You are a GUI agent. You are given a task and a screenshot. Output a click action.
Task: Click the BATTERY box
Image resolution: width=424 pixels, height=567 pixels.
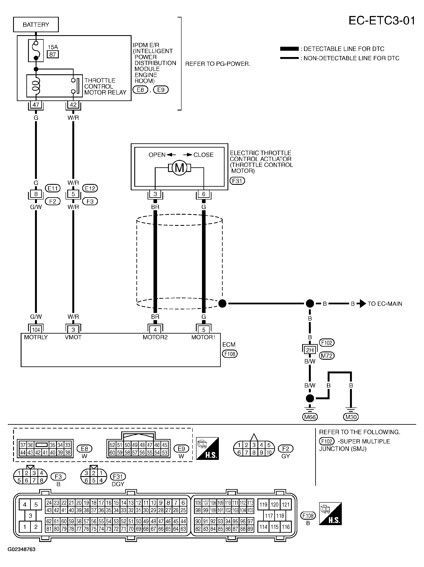tap(36, 25)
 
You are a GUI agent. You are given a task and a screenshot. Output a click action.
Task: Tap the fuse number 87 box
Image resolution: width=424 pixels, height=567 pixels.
tap(53, 54)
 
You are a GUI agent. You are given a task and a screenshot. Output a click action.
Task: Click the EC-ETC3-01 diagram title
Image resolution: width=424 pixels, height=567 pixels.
tap(381, 20)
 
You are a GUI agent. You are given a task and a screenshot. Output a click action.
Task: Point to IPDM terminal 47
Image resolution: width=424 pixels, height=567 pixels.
tap(36, 105)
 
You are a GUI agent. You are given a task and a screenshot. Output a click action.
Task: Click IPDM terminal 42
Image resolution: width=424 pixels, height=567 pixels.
tap(73, 105)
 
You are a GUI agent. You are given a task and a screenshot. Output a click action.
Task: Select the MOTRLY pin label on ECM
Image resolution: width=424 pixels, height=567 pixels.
tap(36, 337)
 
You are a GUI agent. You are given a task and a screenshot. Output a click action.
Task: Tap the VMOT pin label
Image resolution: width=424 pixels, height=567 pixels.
tap(73, 337)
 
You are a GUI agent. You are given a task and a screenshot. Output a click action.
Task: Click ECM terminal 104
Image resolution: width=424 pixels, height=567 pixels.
tap(36, 330)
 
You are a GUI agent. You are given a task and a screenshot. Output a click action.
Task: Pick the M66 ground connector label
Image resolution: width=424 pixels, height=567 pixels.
tap(310, 417)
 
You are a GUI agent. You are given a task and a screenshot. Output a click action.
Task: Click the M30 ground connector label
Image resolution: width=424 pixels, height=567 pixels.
tap(351, 417)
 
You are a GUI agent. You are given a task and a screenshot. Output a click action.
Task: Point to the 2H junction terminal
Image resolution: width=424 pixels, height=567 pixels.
tap(310, 350)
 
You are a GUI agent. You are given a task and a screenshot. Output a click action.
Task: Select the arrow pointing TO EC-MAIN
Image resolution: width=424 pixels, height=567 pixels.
tap(363, 304)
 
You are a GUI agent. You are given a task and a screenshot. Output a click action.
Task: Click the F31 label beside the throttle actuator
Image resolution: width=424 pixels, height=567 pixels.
tap(237, 181)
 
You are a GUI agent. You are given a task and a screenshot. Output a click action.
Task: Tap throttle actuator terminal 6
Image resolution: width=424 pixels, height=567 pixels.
tap(203, 194)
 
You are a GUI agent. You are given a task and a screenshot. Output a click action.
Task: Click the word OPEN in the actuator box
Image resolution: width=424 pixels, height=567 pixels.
tap(157, 155)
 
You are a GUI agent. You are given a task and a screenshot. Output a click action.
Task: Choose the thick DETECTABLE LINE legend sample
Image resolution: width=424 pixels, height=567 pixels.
tap(289, 49)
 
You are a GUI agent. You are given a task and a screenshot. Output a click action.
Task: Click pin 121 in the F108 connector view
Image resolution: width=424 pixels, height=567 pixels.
tap(286, 504)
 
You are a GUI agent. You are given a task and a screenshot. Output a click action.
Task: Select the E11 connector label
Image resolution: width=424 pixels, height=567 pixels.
tap(53, 188)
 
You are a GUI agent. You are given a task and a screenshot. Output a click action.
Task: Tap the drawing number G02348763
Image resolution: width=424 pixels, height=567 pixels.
tap(22, 549)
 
